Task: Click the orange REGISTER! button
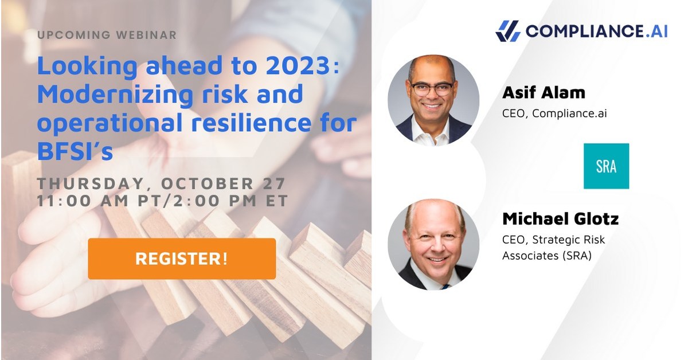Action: click(182, 259)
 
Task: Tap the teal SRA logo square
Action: click(606, 166)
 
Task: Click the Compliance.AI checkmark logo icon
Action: click(508, 31)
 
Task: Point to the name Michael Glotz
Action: click(560, 219)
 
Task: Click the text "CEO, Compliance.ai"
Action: click(554, 113)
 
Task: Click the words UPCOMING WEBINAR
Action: click(107, 35)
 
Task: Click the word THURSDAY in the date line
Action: click(88, 184)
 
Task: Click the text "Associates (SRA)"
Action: click(546, 256)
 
